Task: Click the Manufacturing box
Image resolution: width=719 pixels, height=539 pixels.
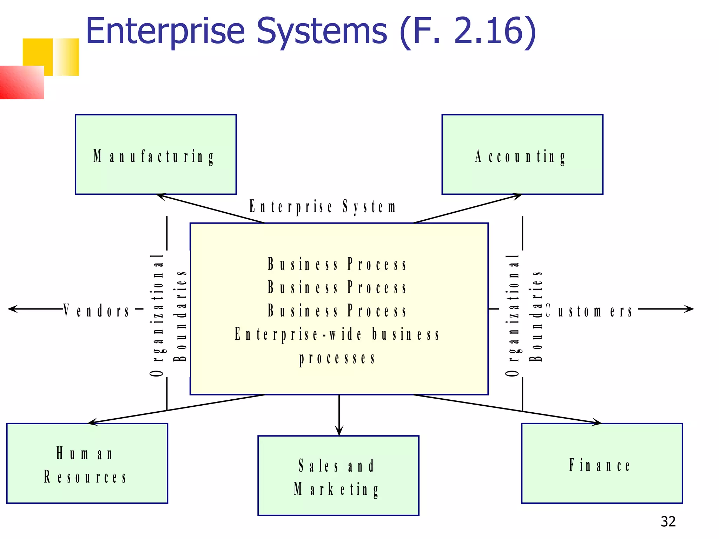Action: (x=156, y=154)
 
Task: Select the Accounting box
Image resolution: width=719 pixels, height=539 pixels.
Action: (x=522, y=154)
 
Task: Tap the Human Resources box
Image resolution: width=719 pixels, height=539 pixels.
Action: (x=87, y=463)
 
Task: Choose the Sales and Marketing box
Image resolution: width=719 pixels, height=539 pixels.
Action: (x=338, y=475)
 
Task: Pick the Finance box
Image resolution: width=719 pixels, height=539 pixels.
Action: (x=602, y=463)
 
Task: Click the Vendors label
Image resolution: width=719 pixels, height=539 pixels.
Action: (x=97, y=311)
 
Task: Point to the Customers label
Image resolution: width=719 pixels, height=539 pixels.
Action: (x=589, y=311)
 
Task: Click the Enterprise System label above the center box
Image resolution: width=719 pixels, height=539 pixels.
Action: (x=322, y=206)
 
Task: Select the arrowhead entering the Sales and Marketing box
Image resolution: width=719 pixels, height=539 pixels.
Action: (x=339, y=431)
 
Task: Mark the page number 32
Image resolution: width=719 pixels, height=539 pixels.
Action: (x=668, y=522)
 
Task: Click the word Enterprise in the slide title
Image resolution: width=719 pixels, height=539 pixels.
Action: (x=165, y=32)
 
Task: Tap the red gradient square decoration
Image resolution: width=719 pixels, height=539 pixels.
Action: (x=22, y=82)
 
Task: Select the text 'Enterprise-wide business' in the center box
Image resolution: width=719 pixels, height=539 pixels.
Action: (x=337, y=334)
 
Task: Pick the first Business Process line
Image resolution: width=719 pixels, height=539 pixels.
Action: (x=337, y=264)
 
